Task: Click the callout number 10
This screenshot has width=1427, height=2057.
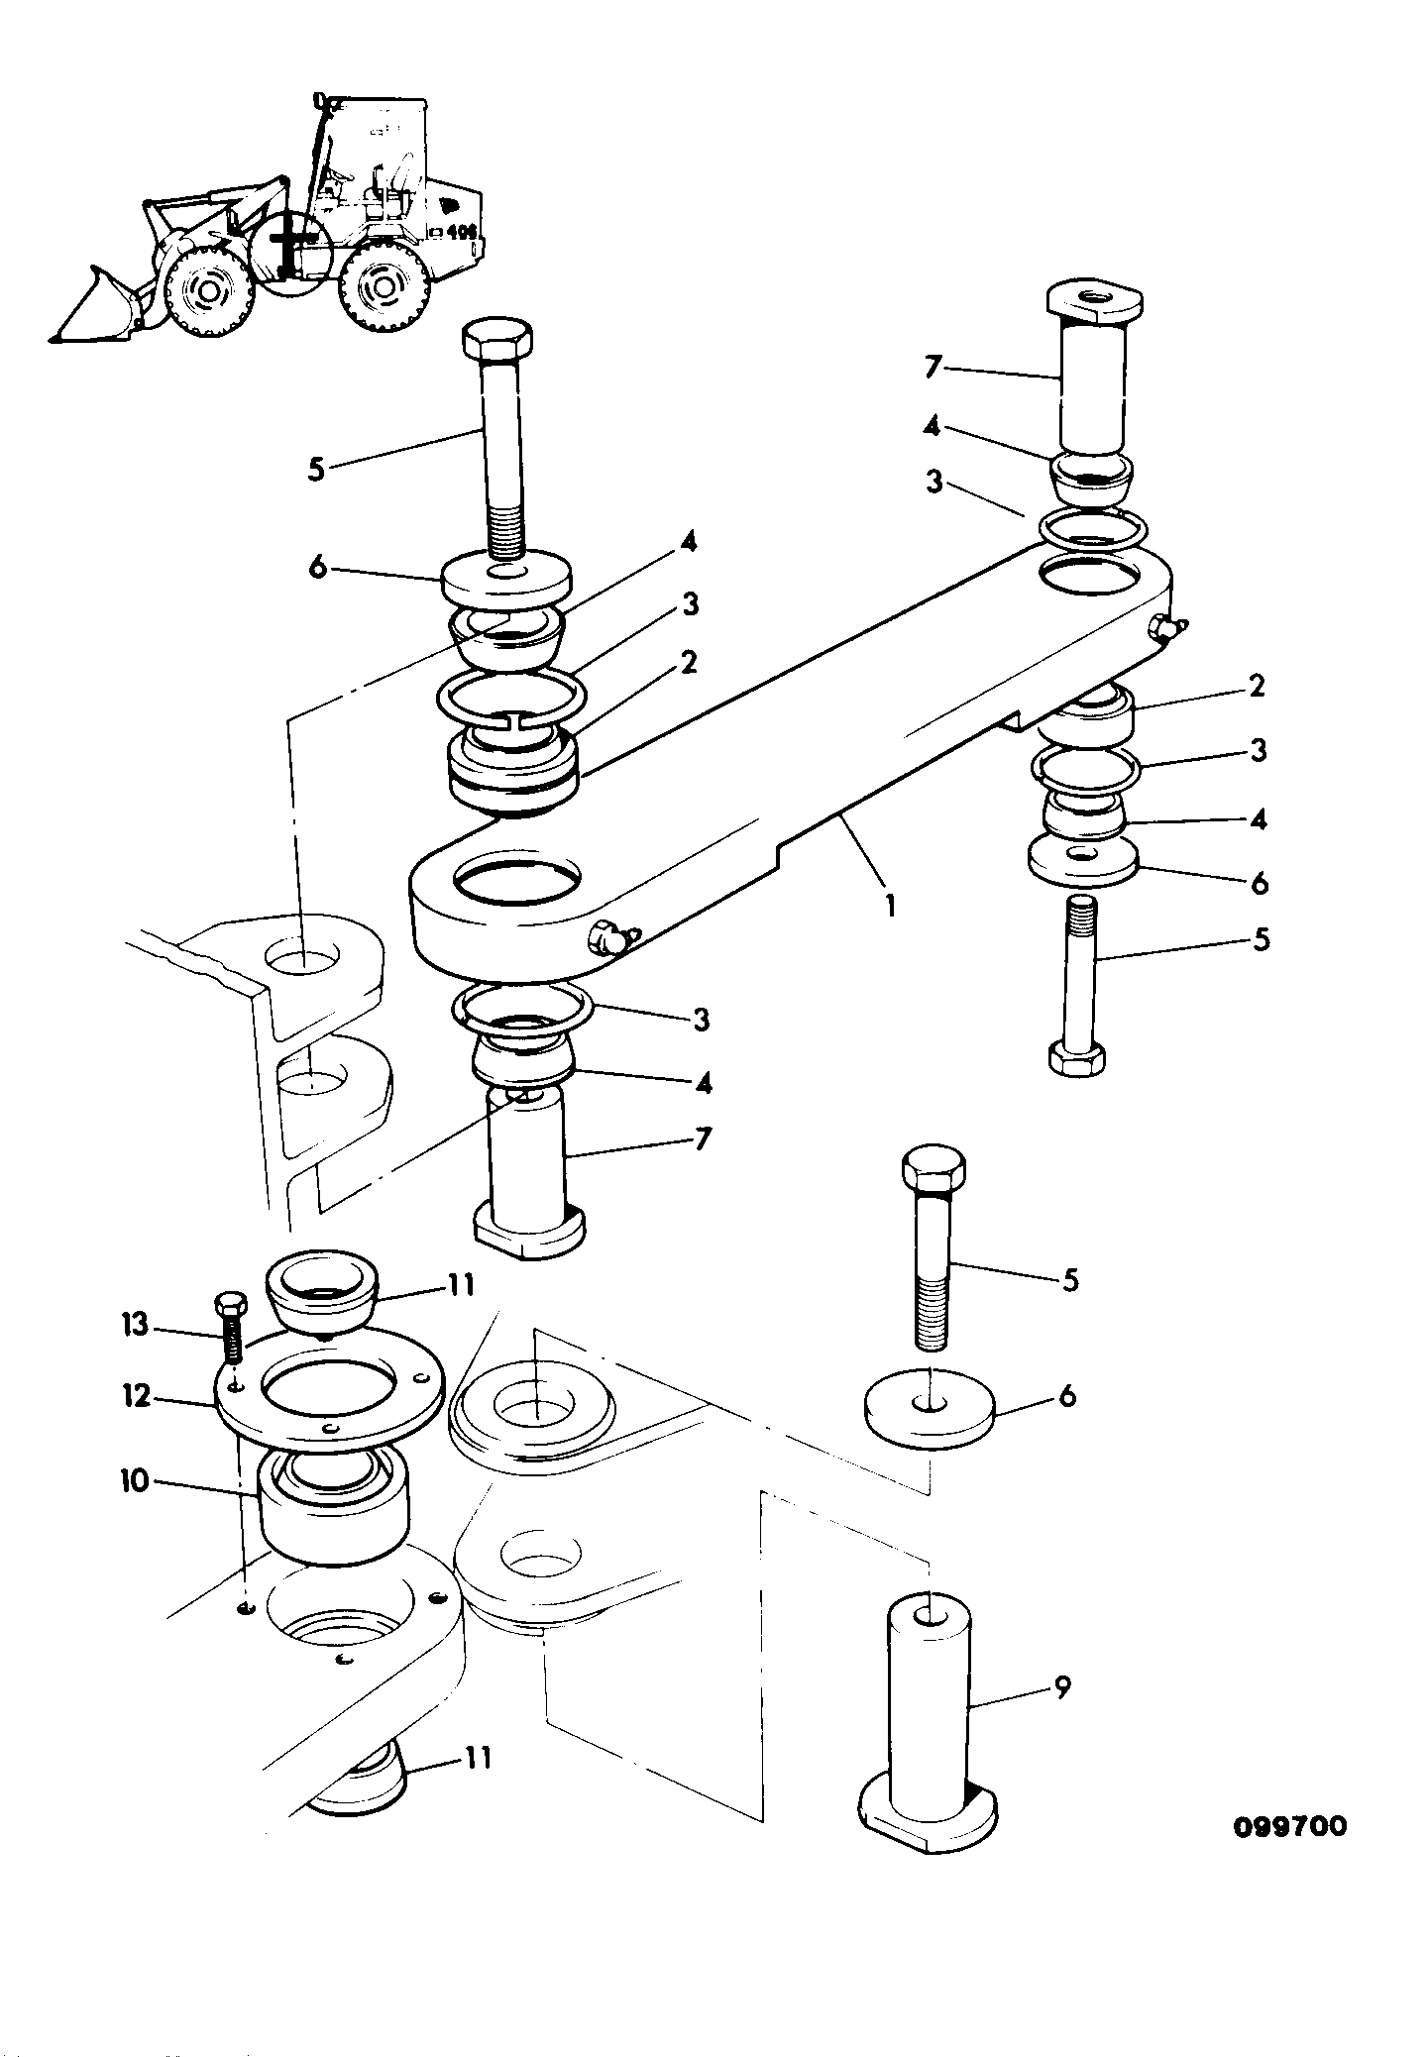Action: click(134, 1480)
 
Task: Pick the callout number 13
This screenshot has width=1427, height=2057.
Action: click(136, 1324)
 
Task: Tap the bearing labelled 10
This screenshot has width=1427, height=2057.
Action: click(334, 1505)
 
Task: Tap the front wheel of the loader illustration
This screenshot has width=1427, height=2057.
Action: click(208, 288)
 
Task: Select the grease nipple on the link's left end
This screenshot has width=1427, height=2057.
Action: click(612, 937)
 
